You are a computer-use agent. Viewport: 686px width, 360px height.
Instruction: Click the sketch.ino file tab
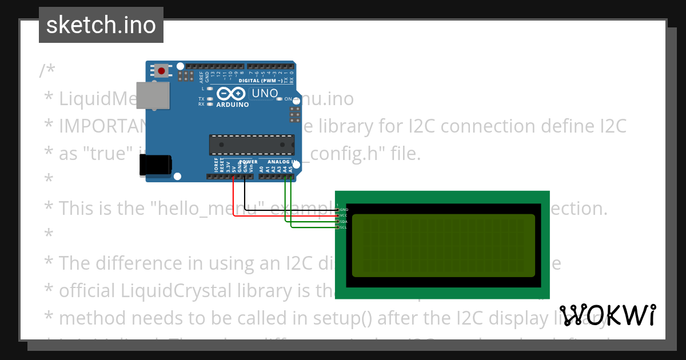101,25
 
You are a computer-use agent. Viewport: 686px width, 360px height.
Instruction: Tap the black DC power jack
155,165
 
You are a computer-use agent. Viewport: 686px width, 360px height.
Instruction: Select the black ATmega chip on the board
252,145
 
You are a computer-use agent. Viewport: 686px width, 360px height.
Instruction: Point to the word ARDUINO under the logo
232,105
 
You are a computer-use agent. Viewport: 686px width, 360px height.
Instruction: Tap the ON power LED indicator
279,99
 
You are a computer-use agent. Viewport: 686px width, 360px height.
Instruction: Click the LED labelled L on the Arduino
209,89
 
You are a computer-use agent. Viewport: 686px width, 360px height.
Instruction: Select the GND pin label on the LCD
344,210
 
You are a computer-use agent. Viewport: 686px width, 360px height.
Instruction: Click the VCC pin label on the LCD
344,215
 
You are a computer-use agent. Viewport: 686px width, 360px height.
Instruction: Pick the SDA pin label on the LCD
344,221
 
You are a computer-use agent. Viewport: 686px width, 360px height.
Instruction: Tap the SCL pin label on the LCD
344,227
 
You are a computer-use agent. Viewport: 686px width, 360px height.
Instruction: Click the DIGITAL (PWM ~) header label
255,81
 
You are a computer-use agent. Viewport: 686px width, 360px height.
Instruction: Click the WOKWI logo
607,315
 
